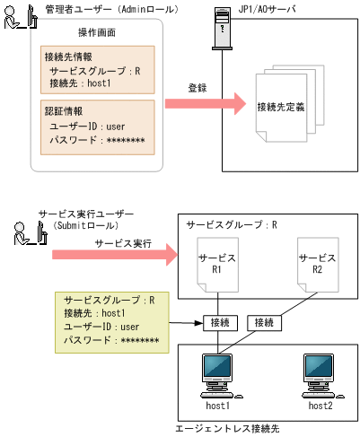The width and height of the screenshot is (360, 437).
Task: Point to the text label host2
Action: point(321,406)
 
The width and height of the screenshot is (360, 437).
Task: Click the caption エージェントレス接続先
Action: point(230,428)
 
